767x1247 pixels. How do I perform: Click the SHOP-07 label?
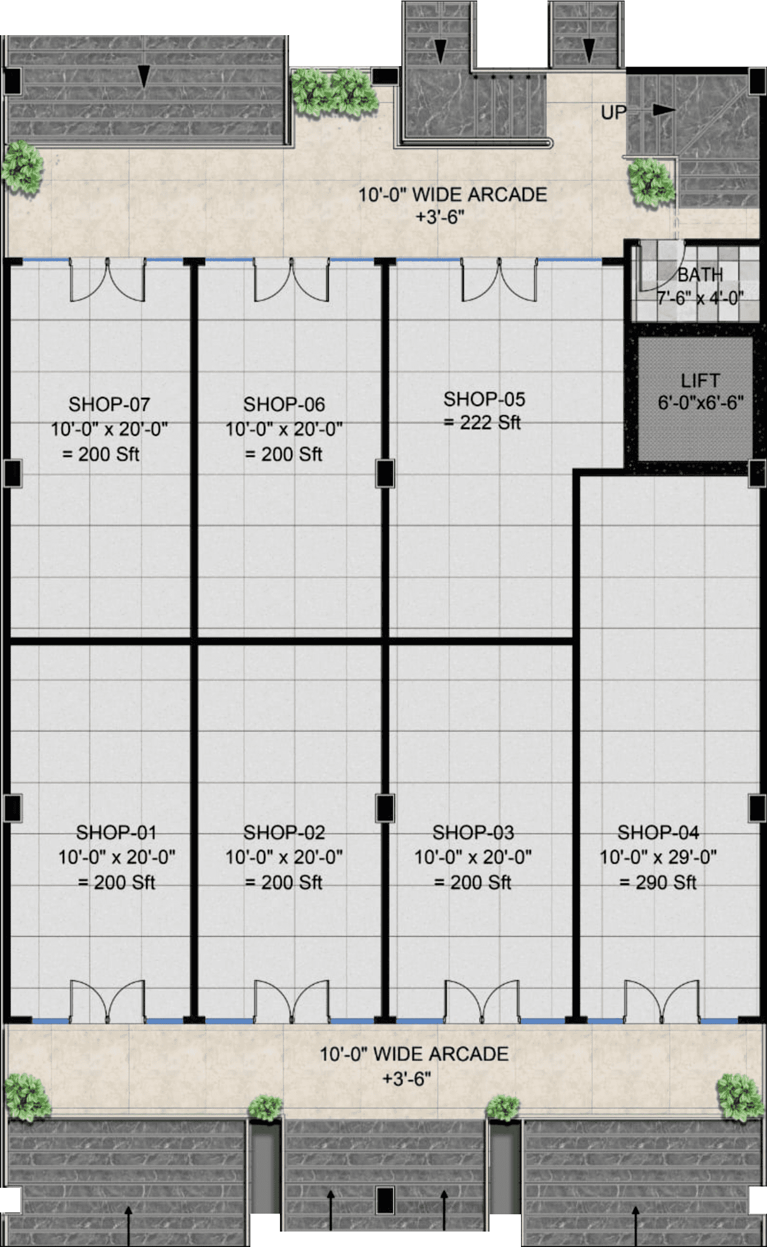[x=109, y=404]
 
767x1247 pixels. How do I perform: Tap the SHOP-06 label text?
[x=284, y=404]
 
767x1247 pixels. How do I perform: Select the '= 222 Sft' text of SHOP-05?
[x=482, y=423]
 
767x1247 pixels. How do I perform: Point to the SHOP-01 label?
[x=116, y=832]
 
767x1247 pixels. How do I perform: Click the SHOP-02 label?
[x=284, y=832]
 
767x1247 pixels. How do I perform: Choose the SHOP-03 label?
[x=473, y=832]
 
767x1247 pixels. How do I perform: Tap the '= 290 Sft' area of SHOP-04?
[x=658, y=882]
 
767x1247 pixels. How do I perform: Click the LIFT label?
[x=700, y=380]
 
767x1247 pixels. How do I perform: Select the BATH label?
[x=700, y=274]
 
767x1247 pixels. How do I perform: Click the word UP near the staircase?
[x=613, y=112]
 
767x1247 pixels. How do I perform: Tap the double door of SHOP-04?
[x=662, y=1000]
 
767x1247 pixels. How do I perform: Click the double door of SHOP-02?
[x=292, y=1000]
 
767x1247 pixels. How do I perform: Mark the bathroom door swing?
[x=661, y=266]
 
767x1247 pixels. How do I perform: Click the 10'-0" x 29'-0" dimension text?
[x=658, y=857]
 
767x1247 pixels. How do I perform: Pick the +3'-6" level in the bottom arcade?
[x=406, y=1079]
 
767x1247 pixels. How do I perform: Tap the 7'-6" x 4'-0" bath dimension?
[x=700, y=298]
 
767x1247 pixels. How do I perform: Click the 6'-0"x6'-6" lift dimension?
[x=700, y=403]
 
